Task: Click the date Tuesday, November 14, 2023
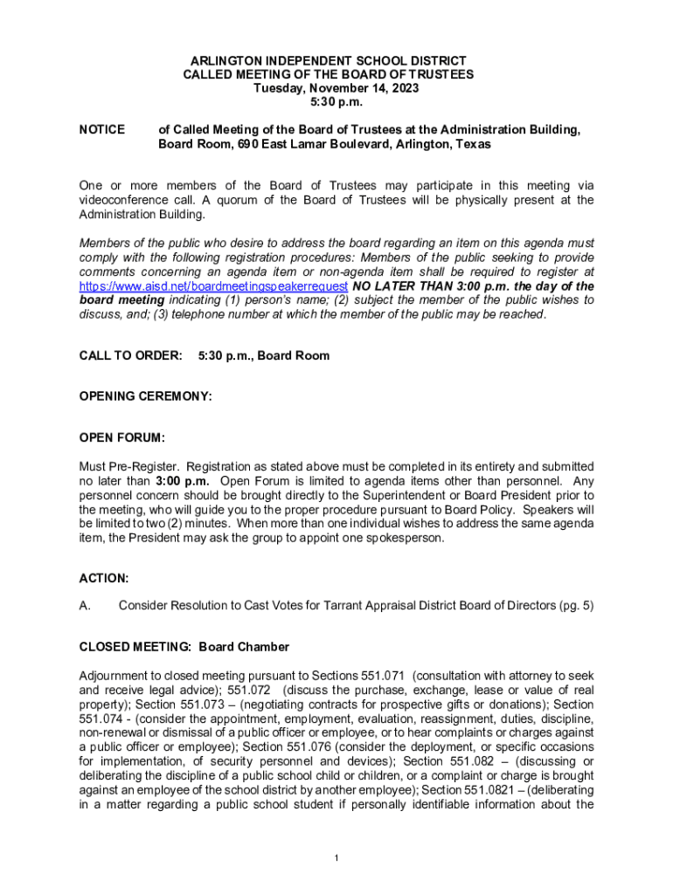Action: pyautogui.click(x=336, y=88)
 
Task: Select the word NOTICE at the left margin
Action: pyautogui.click(x=101, y=130)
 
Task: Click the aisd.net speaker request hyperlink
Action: pyautogui.click(x=214, y=285)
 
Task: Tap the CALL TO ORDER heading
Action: pyautogui.click(x=131, y=356)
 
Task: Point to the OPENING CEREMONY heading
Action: pyautogui.click(x=145, y=396)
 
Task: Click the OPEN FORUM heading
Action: pyautogui.click(x=122, y=437)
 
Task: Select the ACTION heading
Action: pyautogui.click(x=104, y=578)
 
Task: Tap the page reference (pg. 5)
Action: pyautogui.click(x=574, y=605)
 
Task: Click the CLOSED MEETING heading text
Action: pyautogui.click(x=135, y=647)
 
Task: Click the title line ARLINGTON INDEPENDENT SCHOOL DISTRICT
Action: pyautogui.click(x=336, y=60)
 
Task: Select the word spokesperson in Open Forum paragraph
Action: pyautogui.click(x=402, y=538)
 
